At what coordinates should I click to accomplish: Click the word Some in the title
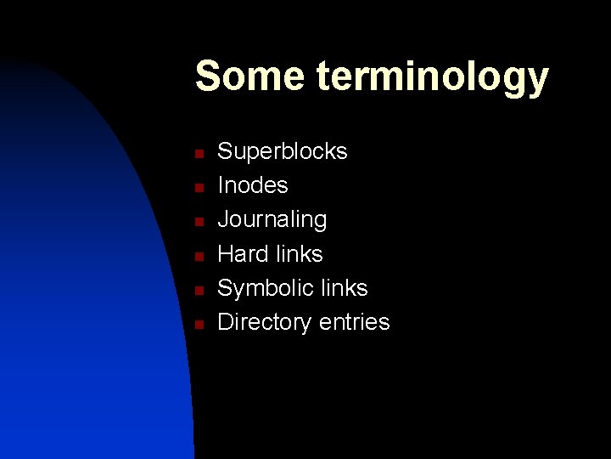click(x=250, y=76)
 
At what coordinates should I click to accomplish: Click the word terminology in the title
click(x=433, y=79)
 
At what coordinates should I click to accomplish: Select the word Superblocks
click(x=283, y=151)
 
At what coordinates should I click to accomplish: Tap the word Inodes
click(x=253, y=185)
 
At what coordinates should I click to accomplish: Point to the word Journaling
click(x=272, y=220)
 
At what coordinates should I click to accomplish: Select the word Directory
click(x=265, y=322)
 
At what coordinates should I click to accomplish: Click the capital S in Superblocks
click(x=226, y=151)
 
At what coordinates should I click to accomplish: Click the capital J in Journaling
click(x=224, y=219)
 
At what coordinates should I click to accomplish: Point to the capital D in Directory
click(x=227, y=322)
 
